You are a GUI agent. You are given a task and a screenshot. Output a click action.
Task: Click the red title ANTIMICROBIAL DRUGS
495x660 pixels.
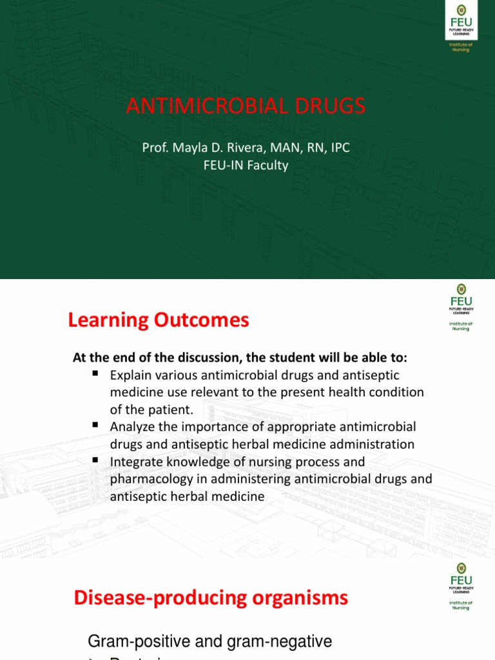click(x=246, y=106)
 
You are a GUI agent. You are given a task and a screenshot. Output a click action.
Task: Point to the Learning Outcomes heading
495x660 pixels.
click(x=159, y=320)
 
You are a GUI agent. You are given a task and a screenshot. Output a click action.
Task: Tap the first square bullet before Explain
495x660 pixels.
click(x=95, y=373)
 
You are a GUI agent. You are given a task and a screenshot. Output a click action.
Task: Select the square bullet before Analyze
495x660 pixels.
click(x=95, y=425)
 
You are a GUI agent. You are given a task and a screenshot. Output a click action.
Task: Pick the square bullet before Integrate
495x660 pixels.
click(x=95, y=460)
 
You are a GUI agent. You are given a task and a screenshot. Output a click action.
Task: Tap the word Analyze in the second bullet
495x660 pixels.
click(x=132, y=427)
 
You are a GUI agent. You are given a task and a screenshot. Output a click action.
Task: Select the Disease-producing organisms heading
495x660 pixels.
click(x=211, y=597)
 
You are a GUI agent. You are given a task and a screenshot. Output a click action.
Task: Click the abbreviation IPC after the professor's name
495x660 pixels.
click(x=339, y=148)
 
